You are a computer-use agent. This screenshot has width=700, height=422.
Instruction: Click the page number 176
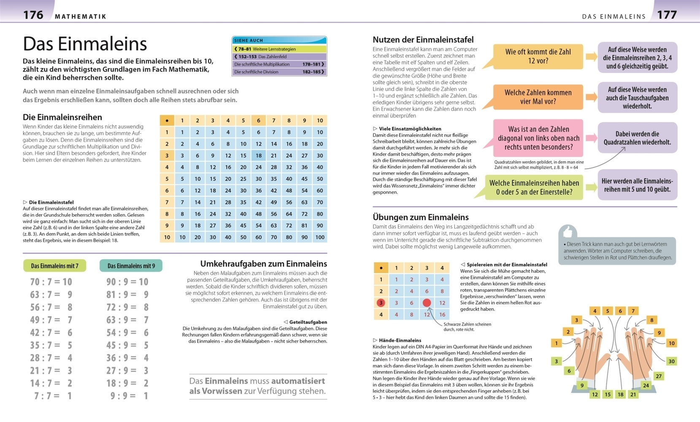(x=33, y=15)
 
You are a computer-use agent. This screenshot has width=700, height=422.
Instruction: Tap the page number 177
(x=667, y=15)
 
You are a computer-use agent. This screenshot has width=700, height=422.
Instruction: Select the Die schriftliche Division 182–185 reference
(x=279, y=72)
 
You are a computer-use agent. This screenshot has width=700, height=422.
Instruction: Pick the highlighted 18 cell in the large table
(x=258, y=155)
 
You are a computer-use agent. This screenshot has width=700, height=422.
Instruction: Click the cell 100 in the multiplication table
(x=319, y=237)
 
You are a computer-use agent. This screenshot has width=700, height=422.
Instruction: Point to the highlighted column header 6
(x=258, y=121)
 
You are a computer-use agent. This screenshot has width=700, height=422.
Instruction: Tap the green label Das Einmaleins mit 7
(x=54, y=266)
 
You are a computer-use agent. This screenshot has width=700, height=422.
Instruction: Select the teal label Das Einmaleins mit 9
(x=131, y=266)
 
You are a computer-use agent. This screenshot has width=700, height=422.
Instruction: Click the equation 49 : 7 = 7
(x=51, y=320)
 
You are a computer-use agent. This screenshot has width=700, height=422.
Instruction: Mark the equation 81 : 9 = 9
(x=127, y=295)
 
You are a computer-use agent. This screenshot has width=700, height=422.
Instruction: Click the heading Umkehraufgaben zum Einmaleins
(x=263, y=264)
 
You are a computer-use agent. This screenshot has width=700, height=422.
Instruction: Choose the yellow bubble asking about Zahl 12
(x=538, y=57)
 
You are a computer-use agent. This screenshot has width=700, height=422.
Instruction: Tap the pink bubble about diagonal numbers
(x=538, y=138)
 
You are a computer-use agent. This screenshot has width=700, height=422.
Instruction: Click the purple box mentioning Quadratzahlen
(x=637, y=138)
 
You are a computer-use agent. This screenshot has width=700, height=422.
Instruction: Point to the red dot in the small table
(x=427, y=303)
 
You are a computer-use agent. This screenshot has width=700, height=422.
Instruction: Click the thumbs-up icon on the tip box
(x=568, y=232)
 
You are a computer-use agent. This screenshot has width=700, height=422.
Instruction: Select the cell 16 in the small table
(x=442, y=314)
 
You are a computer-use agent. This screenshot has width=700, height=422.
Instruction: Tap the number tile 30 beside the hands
(x=671, y=361)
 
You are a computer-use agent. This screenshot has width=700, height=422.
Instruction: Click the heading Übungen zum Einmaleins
(x=420, y=217)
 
